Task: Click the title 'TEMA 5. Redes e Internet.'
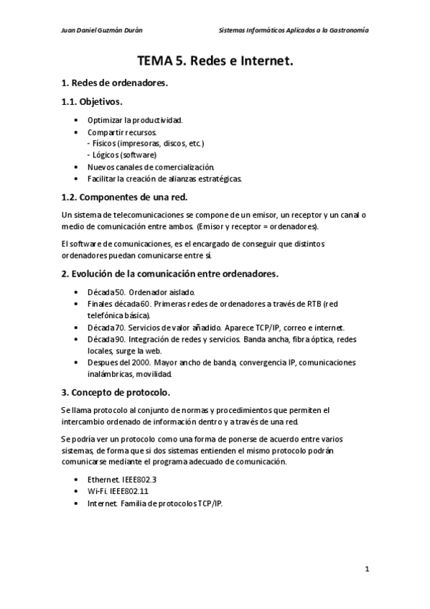[215, 62]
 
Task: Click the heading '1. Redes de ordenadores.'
[115, 83]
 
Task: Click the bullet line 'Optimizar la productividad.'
[135, 120]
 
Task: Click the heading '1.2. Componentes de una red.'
[125, 197]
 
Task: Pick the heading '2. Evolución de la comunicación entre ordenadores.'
[169, 274]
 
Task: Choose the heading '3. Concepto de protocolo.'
[116, 392]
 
